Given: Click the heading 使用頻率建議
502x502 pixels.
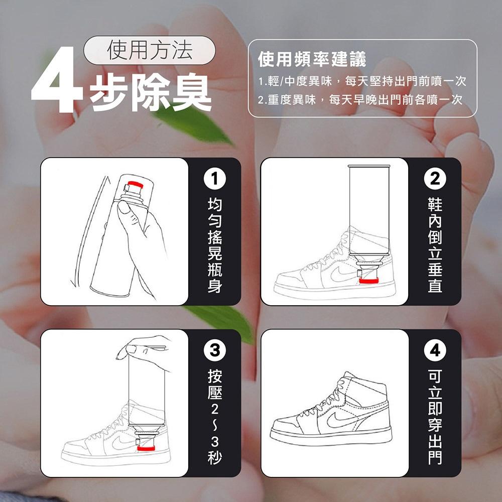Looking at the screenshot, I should point(311,60).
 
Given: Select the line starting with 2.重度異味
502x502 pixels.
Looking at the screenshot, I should point(359,100).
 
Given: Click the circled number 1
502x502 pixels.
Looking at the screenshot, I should point(214,178).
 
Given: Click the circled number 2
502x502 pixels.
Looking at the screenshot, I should point(435,178).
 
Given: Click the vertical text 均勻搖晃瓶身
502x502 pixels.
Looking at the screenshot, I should point(214,245).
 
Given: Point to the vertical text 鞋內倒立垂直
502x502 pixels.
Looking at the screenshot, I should point(435,245).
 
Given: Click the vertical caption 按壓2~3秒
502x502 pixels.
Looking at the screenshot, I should point(214,417).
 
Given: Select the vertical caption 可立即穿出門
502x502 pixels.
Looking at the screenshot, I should point(435,417).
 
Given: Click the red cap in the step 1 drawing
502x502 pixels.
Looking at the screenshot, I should point(136,183).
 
